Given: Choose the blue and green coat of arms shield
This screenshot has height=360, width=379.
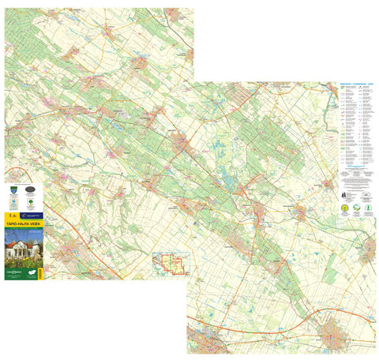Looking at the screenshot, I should click(9, 190).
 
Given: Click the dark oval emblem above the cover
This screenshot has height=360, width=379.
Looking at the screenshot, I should click(30, 190).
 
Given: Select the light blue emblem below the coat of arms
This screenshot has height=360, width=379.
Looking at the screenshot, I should click(9, 203).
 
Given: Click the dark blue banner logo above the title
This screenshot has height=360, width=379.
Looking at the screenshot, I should click(32, 214).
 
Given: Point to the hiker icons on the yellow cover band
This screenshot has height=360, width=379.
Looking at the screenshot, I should click(9, 215).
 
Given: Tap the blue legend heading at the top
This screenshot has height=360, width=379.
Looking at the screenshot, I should click(357, 81).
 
